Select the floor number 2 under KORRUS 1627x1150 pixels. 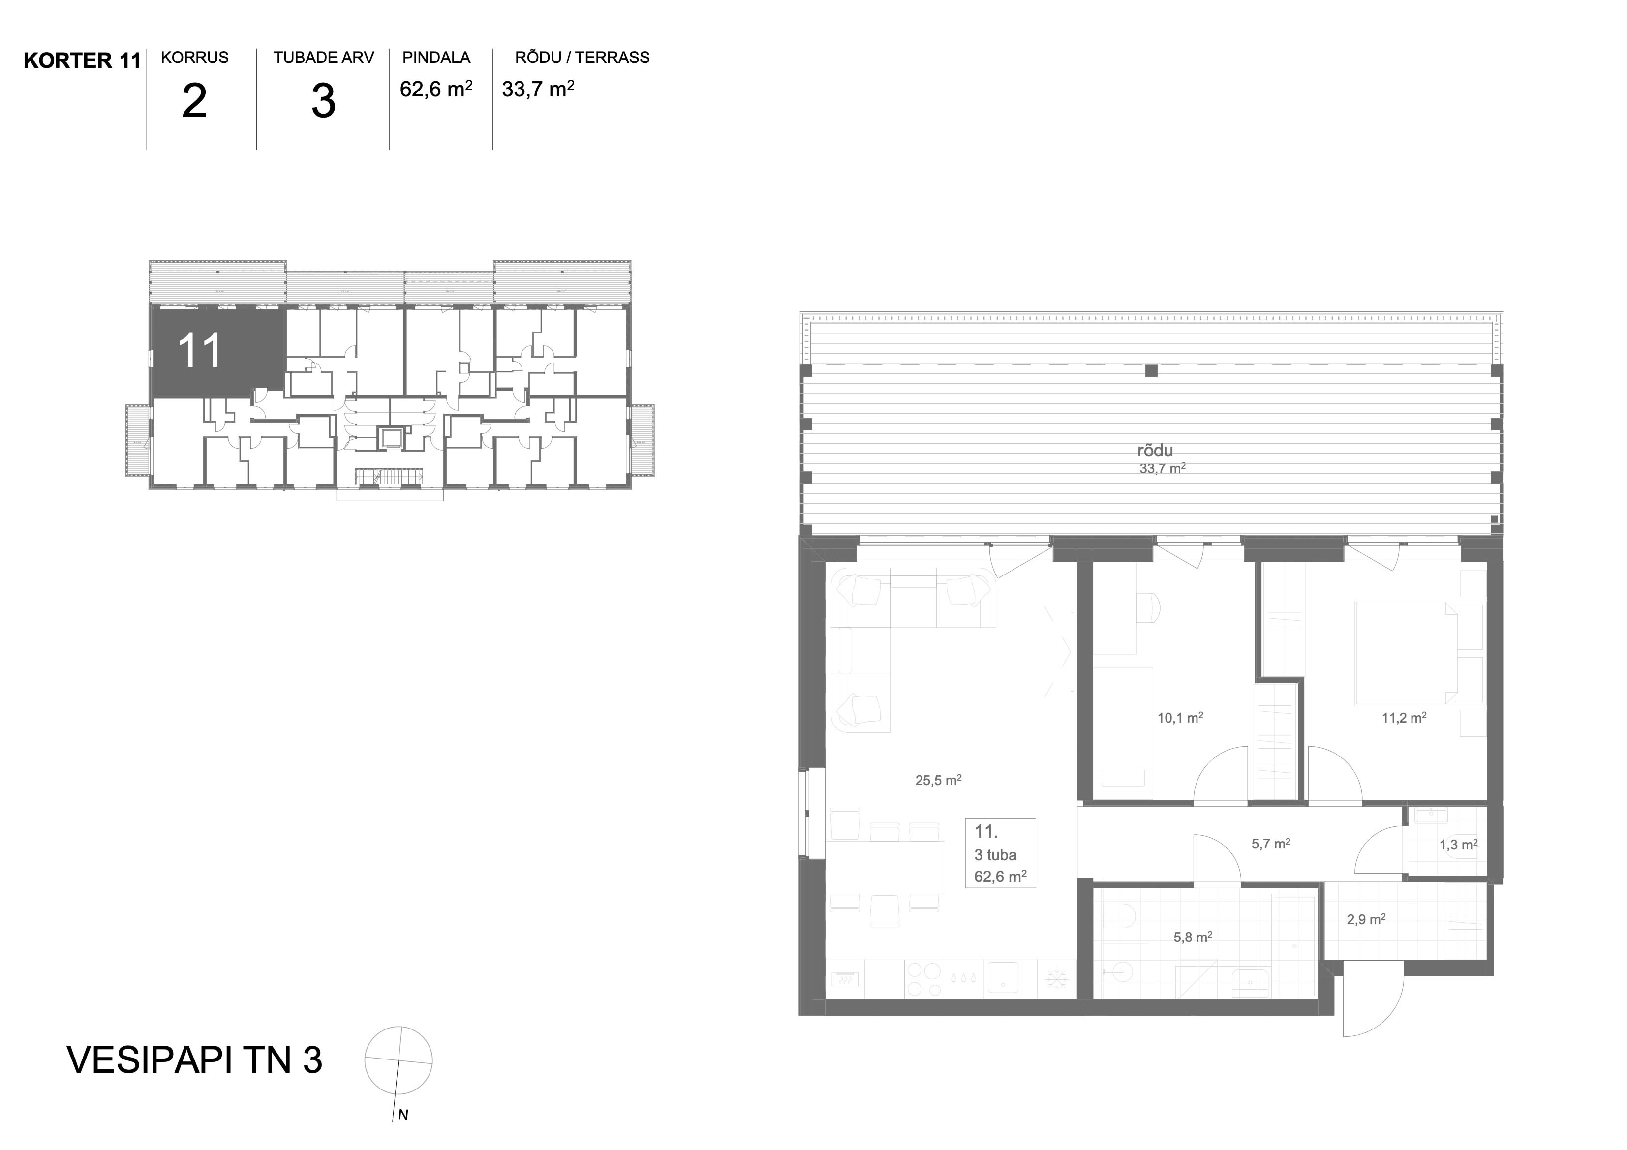194,101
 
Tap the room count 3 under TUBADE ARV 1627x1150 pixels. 323,101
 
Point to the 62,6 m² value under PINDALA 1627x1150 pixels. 436,89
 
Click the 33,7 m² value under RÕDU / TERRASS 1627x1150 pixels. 538,89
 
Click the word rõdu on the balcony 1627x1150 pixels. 1155,451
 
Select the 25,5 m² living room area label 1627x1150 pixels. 938,780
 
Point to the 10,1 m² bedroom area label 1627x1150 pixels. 1180,718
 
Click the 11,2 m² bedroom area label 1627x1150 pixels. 1404,718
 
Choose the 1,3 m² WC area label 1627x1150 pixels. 1458,845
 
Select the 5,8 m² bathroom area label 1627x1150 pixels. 1193,938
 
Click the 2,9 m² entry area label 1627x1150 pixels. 1366,920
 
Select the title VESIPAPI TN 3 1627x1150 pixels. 194,1059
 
